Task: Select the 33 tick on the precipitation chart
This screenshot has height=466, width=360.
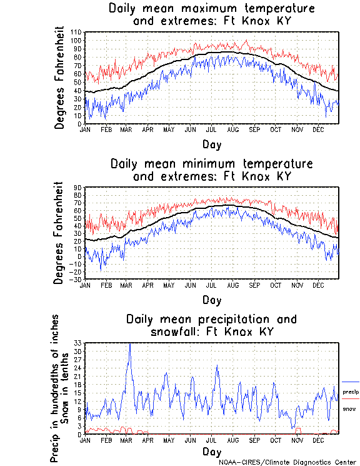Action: point(78,343)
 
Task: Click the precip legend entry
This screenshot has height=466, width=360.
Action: point(351,391)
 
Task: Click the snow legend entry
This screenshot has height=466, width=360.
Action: point(349,408)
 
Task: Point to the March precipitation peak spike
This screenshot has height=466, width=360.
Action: point(130,344)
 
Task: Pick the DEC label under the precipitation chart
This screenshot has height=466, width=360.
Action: point(318,440)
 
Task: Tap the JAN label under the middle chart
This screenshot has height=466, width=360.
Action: point(86,284)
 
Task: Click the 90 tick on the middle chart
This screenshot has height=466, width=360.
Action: point(78,187)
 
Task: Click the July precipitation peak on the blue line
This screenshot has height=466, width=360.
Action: point(217,365)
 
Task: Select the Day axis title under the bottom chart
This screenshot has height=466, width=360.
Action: point(211,451)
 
